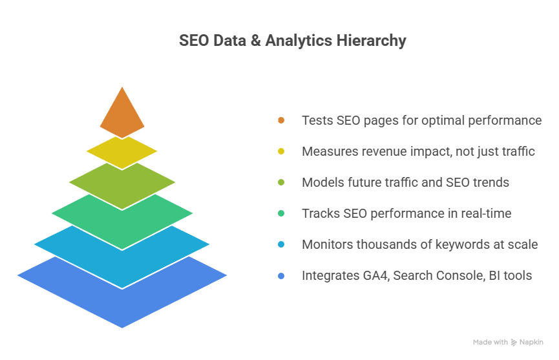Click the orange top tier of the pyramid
[121, 111]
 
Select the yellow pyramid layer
[121, 152]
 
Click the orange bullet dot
[281, 120]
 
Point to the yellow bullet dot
[281, 151]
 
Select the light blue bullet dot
[281, 244]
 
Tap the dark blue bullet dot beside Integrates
[281, 276]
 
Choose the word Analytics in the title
[299, 41]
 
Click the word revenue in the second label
[384, 151]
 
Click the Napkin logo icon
[514, 343]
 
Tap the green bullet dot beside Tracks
[281, 213]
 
